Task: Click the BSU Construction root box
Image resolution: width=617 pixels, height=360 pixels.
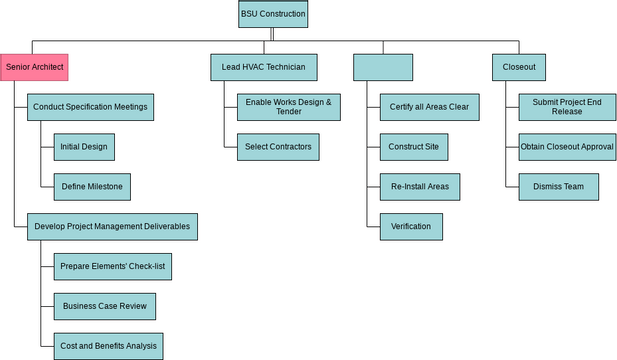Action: tap(273, 14)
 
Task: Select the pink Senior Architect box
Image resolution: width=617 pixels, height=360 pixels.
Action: tap(34, 67)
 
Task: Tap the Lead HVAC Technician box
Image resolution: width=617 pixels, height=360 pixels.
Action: tap(264, 67)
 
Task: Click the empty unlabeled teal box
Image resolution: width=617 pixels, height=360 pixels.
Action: tap(383, 67)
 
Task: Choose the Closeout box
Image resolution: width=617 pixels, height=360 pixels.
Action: tap(519, 67)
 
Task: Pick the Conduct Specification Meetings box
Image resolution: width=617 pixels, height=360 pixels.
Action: tap(91, 107)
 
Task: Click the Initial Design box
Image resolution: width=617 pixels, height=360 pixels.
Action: tap(83, 147)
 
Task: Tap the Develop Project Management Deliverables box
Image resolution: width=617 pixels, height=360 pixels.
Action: tap(112, 227)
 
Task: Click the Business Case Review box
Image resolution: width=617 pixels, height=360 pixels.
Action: tap(105, 306)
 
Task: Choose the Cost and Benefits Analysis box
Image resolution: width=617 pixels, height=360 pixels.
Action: tap(108, 346)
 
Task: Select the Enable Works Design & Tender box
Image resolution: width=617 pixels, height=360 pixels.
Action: tap(288, 107)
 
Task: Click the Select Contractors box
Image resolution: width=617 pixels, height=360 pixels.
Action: tap(278, 147)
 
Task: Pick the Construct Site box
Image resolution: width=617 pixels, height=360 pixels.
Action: tap(414, 147)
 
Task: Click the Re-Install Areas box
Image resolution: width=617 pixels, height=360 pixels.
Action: tap(419, 187)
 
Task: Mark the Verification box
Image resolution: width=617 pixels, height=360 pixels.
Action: tap(411, 227)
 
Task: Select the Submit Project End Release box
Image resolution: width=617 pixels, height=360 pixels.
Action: tap(565, 107)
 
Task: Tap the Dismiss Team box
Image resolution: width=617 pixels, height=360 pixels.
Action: tap(558, 187)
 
